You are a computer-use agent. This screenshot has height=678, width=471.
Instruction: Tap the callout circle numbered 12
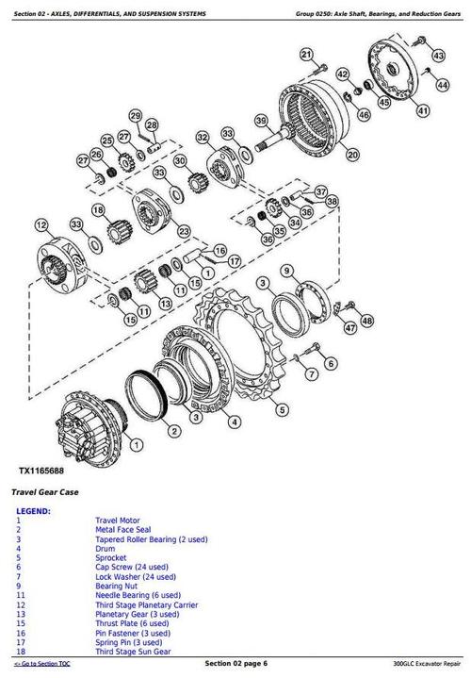(40, 224)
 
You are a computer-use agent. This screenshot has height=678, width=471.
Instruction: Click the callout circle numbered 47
(350, 328)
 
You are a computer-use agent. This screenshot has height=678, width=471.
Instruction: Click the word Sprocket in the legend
(111, 558)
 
